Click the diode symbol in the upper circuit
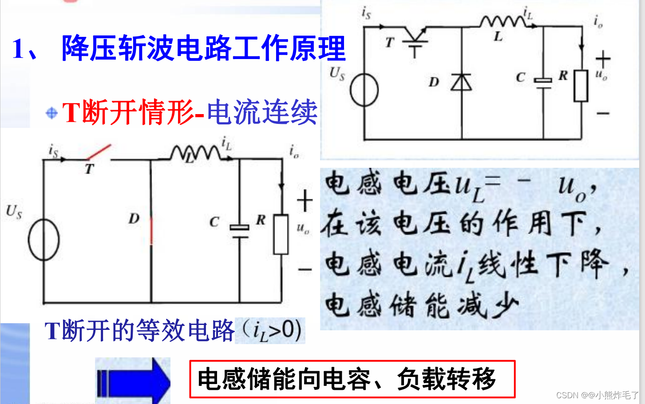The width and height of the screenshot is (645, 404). click(461, 82)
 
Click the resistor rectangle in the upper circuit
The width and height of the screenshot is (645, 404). click(581, 86)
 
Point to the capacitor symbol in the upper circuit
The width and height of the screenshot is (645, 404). click(543, 82)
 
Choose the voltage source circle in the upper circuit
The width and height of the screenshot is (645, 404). click(364, 90)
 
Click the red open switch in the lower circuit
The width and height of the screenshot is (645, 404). click(99, 152)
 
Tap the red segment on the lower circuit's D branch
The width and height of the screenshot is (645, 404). click(151, 231)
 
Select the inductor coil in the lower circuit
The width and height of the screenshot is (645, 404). click(195, 153)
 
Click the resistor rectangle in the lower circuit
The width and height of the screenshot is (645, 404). click(281, 234)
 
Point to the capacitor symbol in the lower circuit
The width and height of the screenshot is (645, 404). click(240, 231)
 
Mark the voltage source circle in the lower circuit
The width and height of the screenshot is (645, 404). click(44, 240)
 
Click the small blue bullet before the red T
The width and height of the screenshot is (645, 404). click(51, 113)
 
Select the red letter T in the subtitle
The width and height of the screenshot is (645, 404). click(71, 112)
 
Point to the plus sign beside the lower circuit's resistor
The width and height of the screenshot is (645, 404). click(305, 201)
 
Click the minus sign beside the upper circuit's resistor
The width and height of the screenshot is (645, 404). click(602, 114)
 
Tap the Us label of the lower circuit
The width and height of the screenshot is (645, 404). click(14, 211)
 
